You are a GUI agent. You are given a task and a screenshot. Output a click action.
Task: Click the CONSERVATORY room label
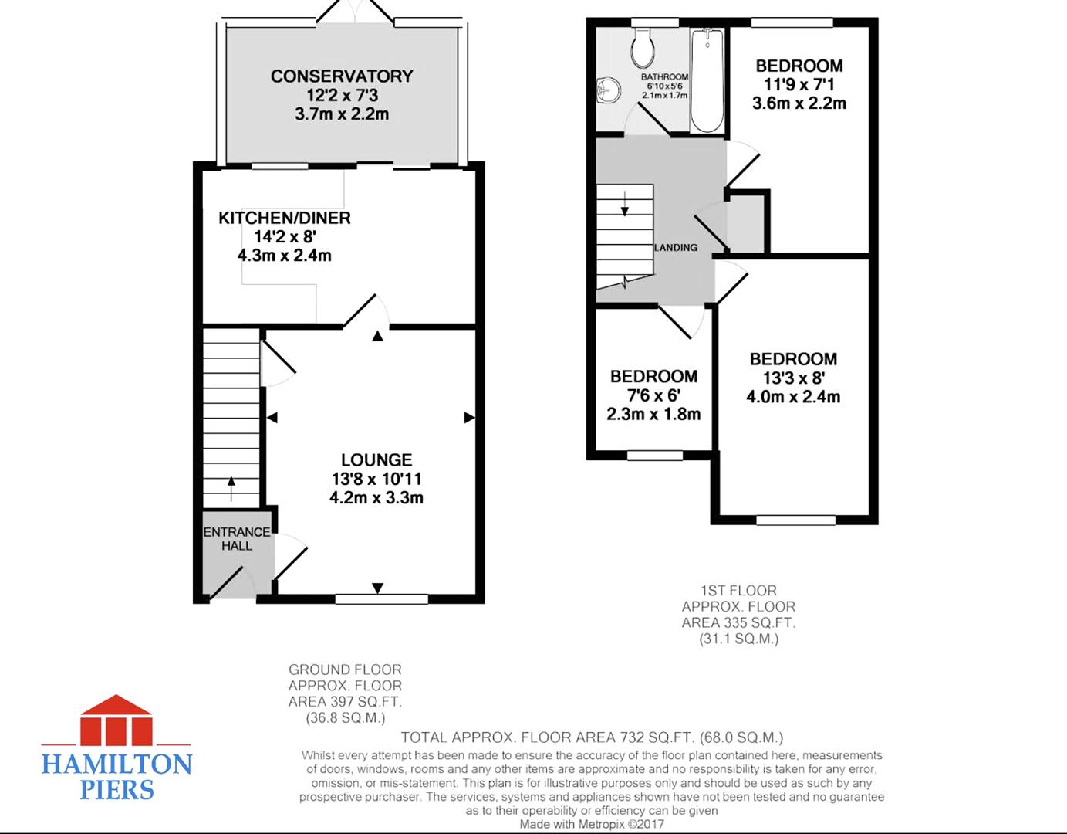342,76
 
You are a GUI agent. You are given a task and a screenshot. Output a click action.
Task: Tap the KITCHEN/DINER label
285,218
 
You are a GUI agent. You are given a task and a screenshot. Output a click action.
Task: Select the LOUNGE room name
376,460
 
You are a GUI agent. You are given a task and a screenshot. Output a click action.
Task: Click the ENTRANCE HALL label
237,539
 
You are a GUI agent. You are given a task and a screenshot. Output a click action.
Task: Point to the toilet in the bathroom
643,47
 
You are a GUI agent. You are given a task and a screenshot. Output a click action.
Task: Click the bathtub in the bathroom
707,80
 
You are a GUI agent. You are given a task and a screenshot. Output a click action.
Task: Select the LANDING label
676,248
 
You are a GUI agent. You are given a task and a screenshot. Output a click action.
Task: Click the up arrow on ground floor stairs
231,488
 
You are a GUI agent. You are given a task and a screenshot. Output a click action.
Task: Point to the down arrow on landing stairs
625,203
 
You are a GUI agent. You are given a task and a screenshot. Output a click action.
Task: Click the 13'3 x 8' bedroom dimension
793,378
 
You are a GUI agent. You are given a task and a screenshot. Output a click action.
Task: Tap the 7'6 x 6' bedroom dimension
653,395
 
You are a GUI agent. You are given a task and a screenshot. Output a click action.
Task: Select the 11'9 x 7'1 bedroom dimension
799,84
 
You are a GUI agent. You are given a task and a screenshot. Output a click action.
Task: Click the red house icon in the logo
116,720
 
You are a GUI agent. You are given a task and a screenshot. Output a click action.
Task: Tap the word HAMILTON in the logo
116,764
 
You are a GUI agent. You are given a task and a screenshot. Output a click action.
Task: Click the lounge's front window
382,599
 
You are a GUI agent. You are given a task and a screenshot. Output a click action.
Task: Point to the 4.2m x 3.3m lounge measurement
376,498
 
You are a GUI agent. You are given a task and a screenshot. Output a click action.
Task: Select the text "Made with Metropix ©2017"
592,824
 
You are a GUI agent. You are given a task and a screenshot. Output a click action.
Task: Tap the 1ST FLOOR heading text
738,590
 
